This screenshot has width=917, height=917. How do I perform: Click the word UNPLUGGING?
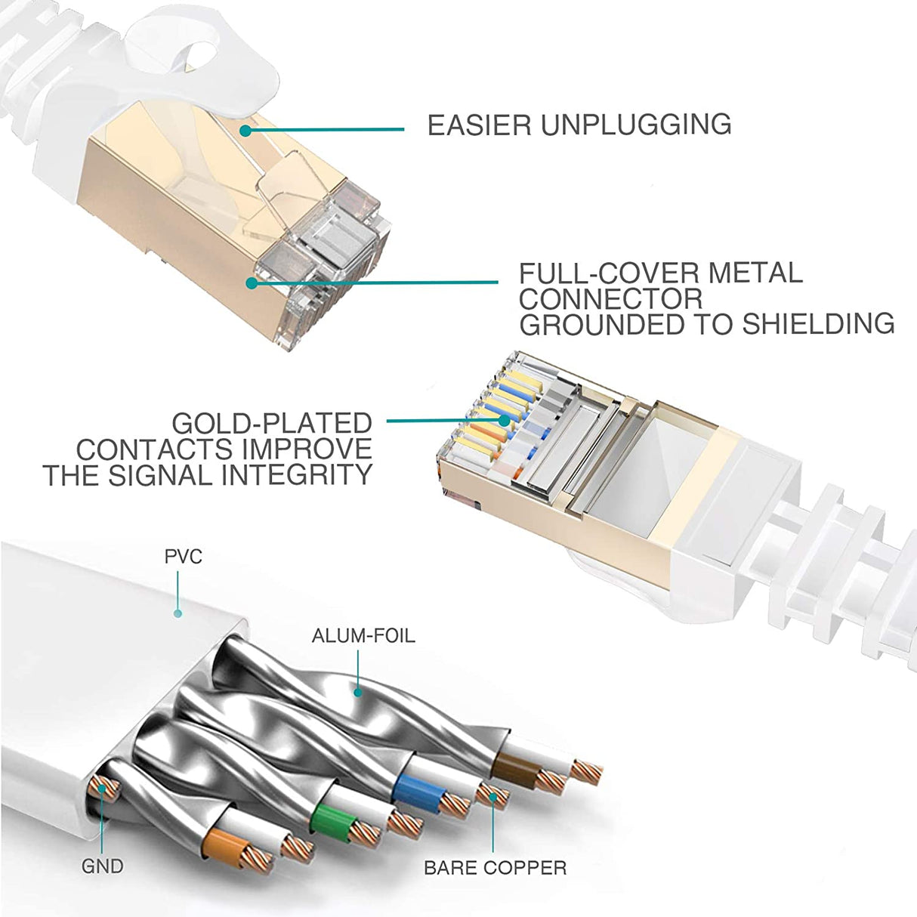pyautogui.click(x=635, y=125)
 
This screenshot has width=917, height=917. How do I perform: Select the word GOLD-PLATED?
pyautogui.click(x=272, y=423)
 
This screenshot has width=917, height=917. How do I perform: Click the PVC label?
pyautogui.click(x=183, y=557)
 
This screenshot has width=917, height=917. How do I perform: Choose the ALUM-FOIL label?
pyautogui.click(x=363, y=636)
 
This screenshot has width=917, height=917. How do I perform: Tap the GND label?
pyautogui.click(x=102, y=866)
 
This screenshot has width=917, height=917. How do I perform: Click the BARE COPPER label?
pyautogui.click(x=495, y=868)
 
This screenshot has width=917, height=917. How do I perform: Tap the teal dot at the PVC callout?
pyautogui.click(x=178, y=613)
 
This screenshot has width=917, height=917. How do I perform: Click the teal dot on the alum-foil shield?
pyautogui.click(x=357, y=690)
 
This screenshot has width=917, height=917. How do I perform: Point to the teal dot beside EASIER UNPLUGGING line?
pyautogui.click(x=245, y=131)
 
